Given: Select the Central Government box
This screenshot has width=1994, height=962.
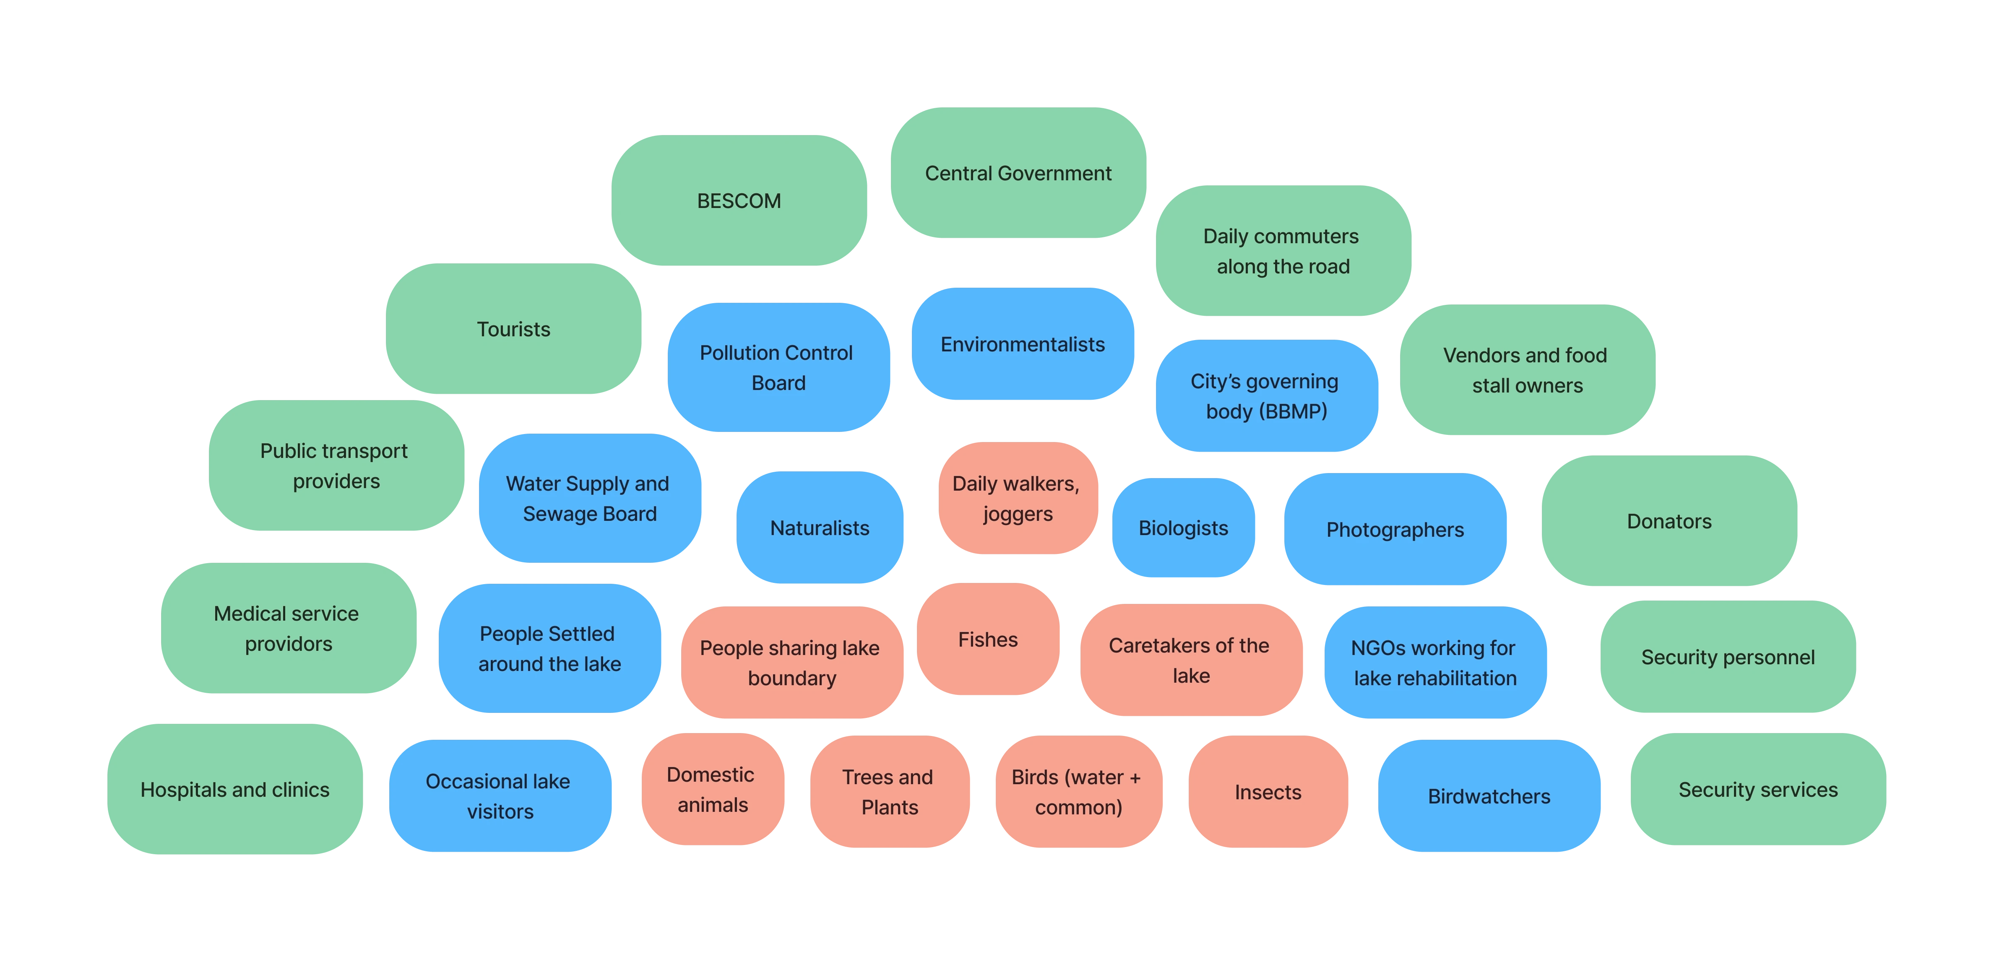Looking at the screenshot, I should pyautogui.click(x=1018, y=173).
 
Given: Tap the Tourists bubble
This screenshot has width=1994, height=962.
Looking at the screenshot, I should pyautogui.click(x=514, y=329).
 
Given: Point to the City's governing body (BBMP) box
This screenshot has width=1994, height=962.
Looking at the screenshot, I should pyautogui.click(x=1265, y=395).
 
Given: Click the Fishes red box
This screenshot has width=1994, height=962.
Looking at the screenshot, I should pyautogui.click(x=988, y=639).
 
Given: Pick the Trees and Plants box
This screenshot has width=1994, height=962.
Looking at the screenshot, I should pyautogui.click(x=889, y=792).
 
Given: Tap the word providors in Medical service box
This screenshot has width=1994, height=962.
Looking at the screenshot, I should pyautogui.click(x=289, y=644).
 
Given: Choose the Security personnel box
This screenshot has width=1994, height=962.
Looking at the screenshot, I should pyautogui.click(x=1728, y=657).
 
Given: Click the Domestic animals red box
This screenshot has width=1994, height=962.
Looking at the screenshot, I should pyautogui.click(x=711, y=789).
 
